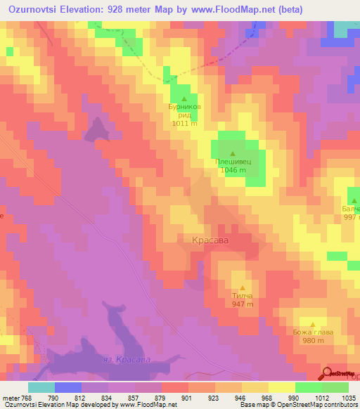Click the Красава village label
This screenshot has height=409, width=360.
210,240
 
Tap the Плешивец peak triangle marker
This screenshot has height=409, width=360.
233,152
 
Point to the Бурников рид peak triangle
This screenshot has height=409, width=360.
185,98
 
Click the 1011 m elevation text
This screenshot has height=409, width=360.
184,124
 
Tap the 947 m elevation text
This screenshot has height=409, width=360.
242,304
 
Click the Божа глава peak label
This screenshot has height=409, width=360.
312,332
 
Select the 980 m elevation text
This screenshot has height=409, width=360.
313,341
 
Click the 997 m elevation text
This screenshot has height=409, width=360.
352,218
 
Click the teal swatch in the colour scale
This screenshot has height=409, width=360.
41,387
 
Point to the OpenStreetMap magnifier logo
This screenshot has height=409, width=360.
327,374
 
